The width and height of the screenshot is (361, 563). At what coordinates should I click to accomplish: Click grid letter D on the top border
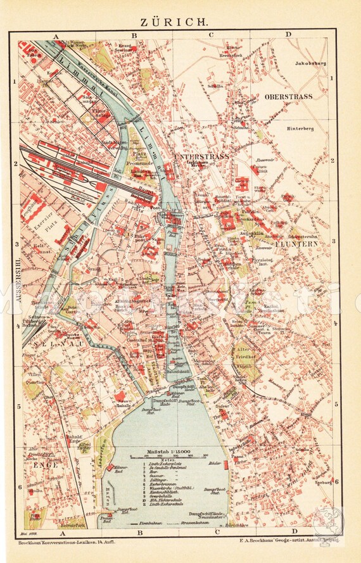coord(288,35)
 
